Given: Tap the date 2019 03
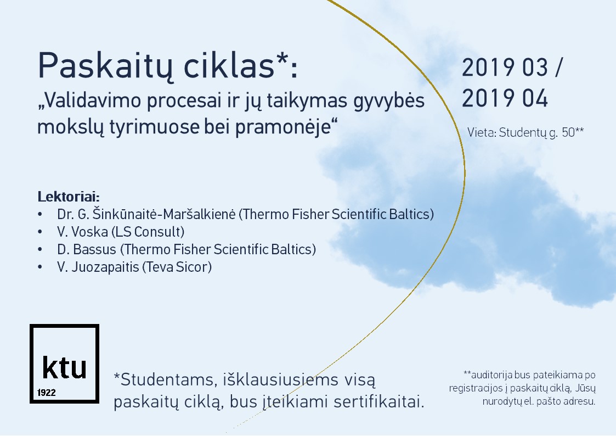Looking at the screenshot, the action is pyautogui.click(x=505, y=67).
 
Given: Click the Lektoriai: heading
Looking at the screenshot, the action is pyautogui.click(x=69, y=196).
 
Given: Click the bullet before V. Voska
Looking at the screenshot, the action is pyautogui.click(x=39, y=232).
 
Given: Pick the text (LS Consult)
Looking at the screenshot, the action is pyautogui.click(x=148, y=232).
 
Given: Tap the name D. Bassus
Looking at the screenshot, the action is pyautogui.click(x=87, y=250).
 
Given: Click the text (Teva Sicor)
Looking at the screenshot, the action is pyautogui.click(x=177, y=267).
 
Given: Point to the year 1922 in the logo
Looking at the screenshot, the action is pyautogui.click(x=47, y=393).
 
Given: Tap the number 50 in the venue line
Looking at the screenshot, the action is pyautogui.click(x=568, y=132).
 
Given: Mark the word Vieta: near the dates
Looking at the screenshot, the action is pyautogui.click(x=482, y=132).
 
